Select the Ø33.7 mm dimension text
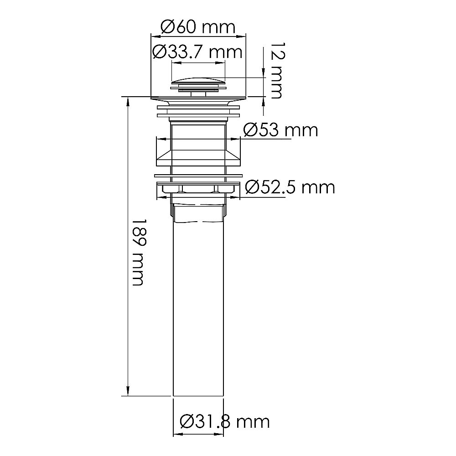[197, 52]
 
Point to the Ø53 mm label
[280, 130]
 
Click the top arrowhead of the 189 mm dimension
[128, 101]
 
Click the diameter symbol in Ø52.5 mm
[252, 187]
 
